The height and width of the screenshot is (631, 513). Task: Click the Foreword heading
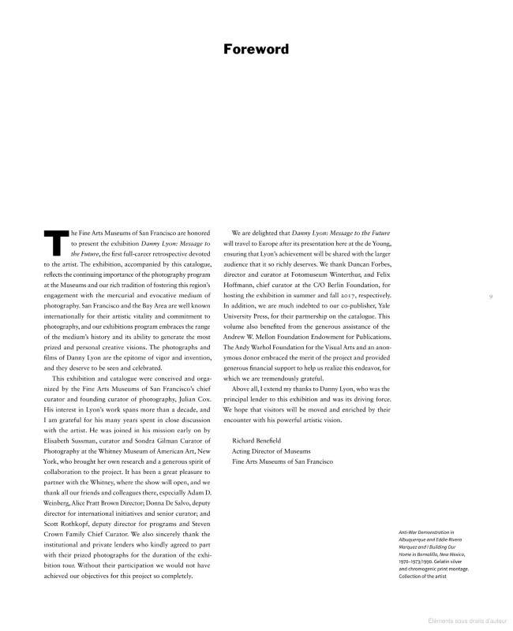pos(256,50)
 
